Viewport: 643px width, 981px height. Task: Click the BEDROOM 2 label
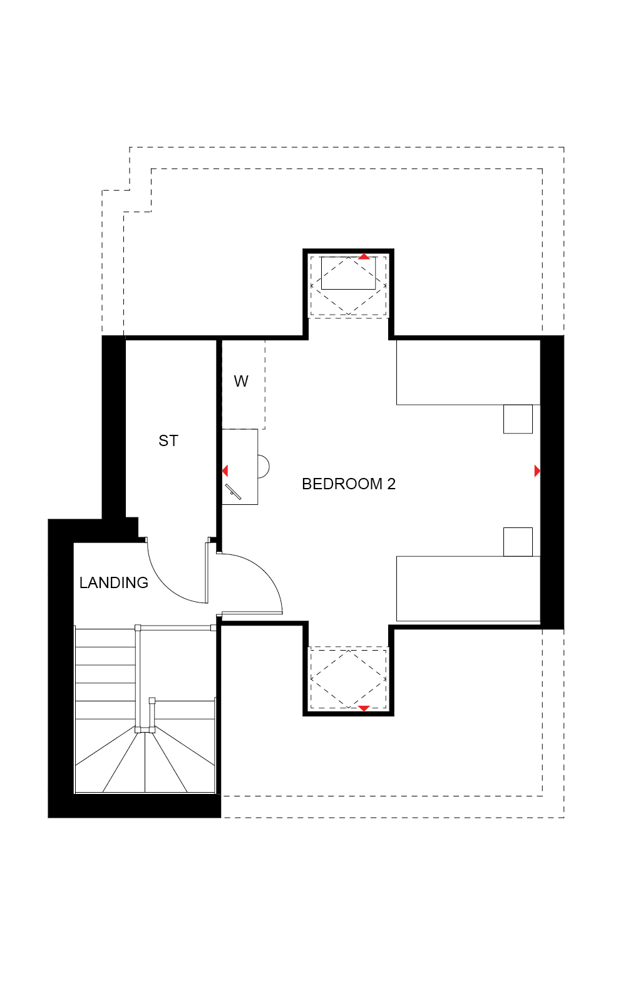pyautogui.click(x=349, y=484)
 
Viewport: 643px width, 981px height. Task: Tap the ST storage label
pyautogui.click(x=168, y=440)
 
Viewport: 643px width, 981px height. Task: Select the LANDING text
pyautogui.click(x=113, y=582)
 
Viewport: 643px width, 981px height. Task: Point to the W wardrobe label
pyautogui.click(x=241, y=382)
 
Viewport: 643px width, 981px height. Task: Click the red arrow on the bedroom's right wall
pyautogui.click(x=537, y=471)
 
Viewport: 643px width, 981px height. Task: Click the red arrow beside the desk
pyautogui.click(x=225, y=471)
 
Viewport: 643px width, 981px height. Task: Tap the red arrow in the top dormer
pyautogui.click(x=364, y=257)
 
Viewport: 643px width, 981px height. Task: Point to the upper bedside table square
pyautogui.click(x=518, y=419)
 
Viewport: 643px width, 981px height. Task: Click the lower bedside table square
pyautogui.click(x=518, y=542)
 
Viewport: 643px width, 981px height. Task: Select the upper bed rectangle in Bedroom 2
pyautogui.click(x=468, y=372)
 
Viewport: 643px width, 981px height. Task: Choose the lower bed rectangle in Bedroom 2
pyautogui.click(x=468, y=589)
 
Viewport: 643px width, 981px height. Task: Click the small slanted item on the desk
pyautogui.click(x=233, y=491)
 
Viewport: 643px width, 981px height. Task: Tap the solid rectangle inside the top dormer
pyautogui.click(x=349, y=273)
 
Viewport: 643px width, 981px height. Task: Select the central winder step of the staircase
pyautogui.click(x=145, y=762)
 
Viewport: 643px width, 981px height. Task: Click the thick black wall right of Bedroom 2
pyautogui.click(x=552, y=482)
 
